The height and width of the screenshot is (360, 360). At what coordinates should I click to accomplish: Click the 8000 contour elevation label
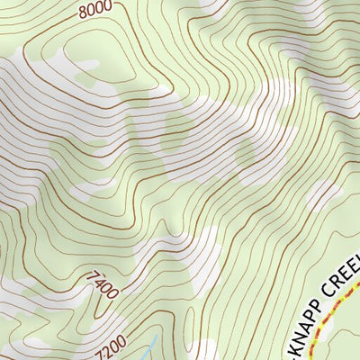[94, 11]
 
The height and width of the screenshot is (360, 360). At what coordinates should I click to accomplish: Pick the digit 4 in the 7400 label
[101, 284]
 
